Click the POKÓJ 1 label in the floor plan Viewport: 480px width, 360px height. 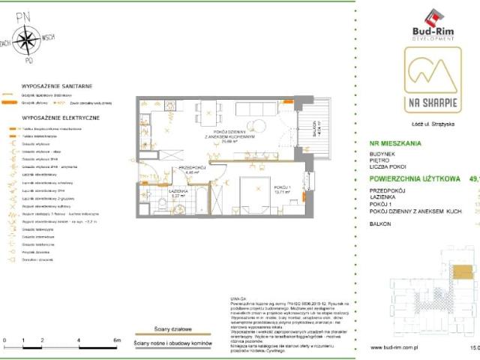[x=280, y=187]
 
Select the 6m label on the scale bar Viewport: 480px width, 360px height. [x=116, y=340]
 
